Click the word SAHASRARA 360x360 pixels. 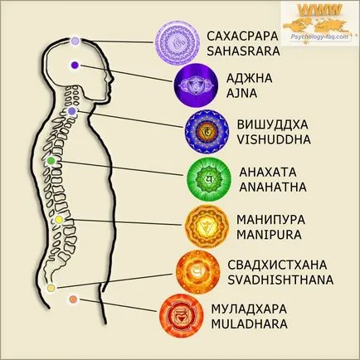[243, 51]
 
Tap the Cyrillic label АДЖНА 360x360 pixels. [250, 79]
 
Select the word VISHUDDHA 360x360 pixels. [274, 139]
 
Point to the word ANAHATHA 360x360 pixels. [273, 187]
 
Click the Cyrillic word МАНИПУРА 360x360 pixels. [270, 220]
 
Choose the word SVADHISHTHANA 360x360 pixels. [280, 280]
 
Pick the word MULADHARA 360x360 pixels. [249, 324]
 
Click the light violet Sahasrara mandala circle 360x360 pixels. [178, 43]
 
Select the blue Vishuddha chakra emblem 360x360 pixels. [207, 132]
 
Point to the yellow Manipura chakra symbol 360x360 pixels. [207, 226]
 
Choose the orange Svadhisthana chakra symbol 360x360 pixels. [198, 271]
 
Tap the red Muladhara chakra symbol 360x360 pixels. [182, 316]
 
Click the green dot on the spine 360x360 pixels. [51, 160]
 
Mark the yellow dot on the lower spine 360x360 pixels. [58, 220]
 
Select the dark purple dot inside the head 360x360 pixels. [75, 66]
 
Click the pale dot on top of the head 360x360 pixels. [75, 41]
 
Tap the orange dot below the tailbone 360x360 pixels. [73, 299]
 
